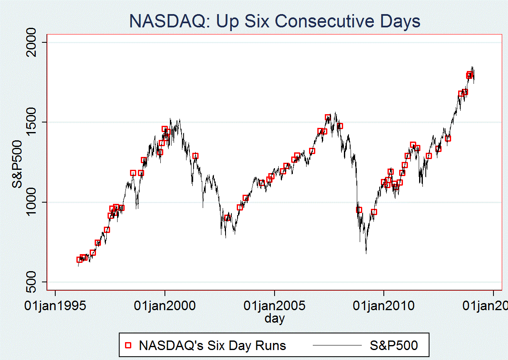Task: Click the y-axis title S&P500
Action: pyautogui.click(x=17, y=162)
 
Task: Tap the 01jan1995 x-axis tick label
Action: pyautogui.click(x=55, y=306)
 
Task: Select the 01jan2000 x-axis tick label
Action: pyautogui.click(x=165, y=306)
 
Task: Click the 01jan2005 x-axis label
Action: pyautogui.click(x=275, y=306)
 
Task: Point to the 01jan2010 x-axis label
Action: pyautogui.click(x=384, y=306)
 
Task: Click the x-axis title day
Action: pyautogui.click(x=275, y=318)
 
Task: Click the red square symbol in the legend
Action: pyautogui.click(x=128, y=345)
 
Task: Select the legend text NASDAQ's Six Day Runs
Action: pyautogui.click(x=212, y=345)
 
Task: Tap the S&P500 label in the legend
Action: pyautogui.click(x=393, y=345)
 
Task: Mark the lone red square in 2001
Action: pyautogui.click(x=195, y=156)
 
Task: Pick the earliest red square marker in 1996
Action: pyautogui.click(x=79, y=260)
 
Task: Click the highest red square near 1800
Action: pyautogui.click(x=470, y=74)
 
